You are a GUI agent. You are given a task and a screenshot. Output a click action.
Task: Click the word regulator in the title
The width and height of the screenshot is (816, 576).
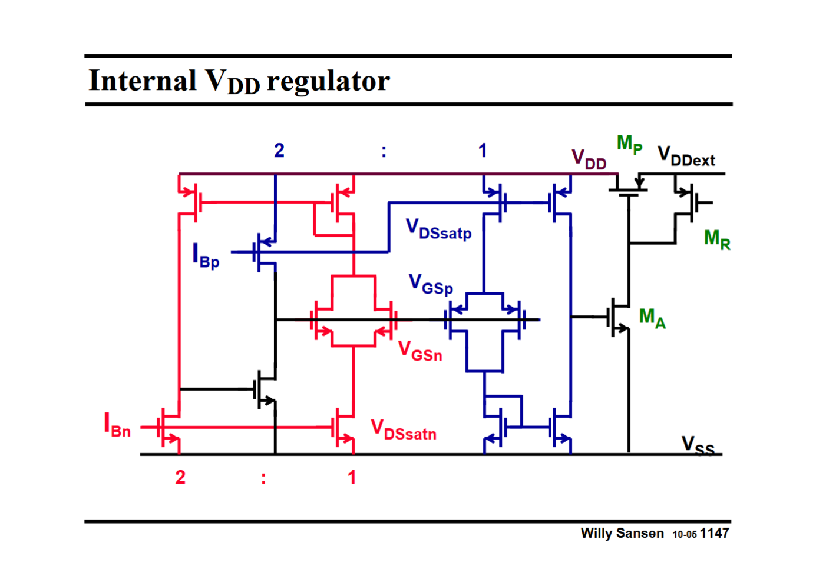[x=328, y=82]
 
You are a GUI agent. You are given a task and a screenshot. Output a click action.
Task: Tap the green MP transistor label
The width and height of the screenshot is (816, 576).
[x=629, y=144]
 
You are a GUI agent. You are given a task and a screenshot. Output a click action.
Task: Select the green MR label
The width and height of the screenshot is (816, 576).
[x=717, y=239]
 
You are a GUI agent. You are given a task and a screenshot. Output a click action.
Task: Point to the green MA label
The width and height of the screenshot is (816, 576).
[x=652, y=318]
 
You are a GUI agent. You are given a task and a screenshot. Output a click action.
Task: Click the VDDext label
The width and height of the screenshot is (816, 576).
[x=686, y=157]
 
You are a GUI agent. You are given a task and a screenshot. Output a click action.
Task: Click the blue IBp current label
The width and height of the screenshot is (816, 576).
[x=206, y=256]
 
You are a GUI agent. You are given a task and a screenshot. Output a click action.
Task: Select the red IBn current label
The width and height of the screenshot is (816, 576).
[x=117, y=425]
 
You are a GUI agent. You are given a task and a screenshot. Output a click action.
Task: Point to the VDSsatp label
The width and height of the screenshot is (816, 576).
[x=439, y=229]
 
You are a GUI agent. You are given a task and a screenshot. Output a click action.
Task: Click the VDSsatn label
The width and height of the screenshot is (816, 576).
[x=404, y=430]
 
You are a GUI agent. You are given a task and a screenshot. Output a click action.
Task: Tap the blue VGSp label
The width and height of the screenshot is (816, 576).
[x=431, y=284]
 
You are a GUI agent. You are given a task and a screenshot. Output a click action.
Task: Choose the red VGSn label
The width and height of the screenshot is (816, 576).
[x=420, y=351]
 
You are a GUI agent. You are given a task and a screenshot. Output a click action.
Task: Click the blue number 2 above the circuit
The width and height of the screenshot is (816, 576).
[x=279, y=151]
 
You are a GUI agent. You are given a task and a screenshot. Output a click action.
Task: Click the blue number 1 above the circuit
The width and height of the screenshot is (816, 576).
[x=483, y=151]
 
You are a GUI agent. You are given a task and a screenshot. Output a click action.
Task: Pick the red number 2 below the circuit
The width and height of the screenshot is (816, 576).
[x=180, y=477]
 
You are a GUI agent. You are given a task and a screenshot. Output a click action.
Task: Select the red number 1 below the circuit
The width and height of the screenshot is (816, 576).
[x=352, y=477]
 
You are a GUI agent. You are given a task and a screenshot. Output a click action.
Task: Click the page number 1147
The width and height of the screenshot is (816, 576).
[x=714, y=533]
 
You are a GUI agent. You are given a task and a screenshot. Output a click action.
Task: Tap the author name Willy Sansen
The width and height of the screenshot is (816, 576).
[x=622, y=533]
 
